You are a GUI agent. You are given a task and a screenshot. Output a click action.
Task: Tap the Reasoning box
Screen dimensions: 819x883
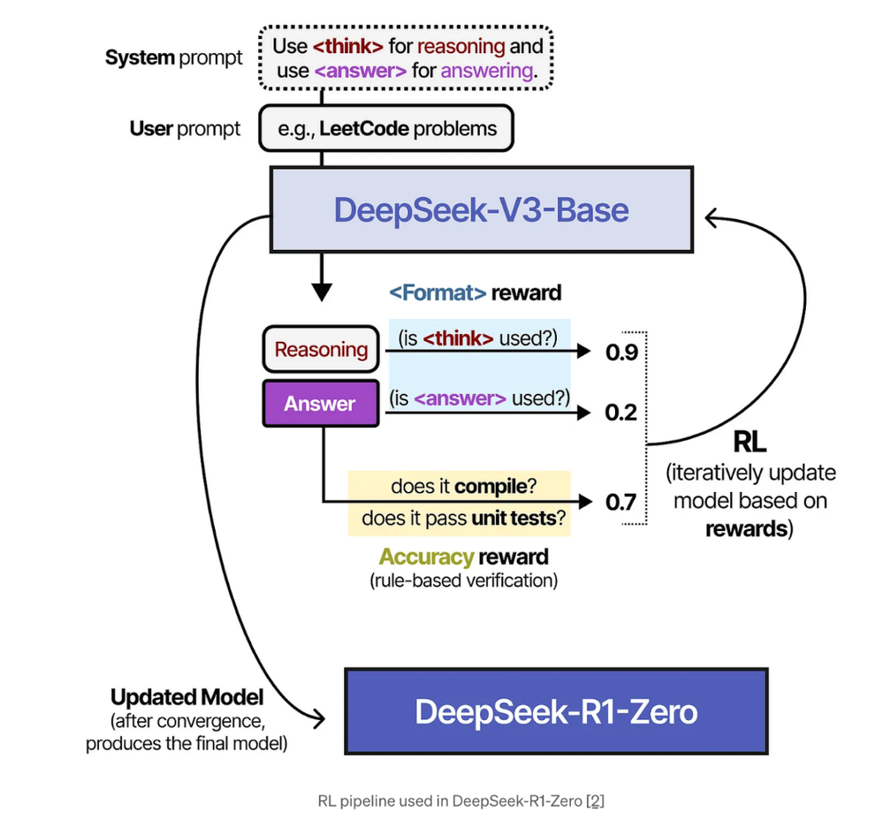[x=321, y=349]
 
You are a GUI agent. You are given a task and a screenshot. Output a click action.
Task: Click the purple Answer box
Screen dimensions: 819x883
[x=320, y=404]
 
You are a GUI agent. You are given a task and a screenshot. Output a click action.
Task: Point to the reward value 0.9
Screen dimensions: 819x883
[x=620, y=353]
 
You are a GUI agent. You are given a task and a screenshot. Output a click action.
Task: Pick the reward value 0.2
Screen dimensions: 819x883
[x=620, y=412]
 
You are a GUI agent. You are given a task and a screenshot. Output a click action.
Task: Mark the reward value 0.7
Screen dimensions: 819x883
[x=620, y=503]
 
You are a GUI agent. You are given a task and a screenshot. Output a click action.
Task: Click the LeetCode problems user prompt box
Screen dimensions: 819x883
[x=385, y=129]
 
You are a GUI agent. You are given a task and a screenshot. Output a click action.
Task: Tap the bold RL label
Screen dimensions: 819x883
[x=750, y=441]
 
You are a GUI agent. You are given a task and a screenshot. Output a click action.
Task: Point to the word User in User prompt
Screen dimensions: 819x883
[x=151, y=129]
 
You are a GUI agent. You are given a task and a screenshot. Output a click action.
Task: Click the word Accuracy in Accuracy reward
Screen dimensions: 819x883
[x=427, y=557]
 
